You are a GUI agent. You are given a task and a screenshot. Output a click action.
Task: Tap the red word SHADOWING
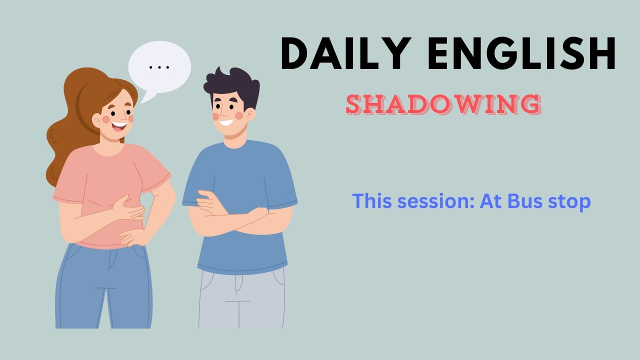443,104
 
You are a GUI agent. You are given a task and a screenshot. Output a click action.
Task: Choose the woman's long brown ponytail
62,140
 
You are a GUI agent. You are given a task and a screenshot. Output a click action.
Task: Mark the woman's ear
97,120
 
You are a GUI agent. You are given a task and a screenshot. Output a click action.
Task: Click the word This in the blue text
370,201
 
